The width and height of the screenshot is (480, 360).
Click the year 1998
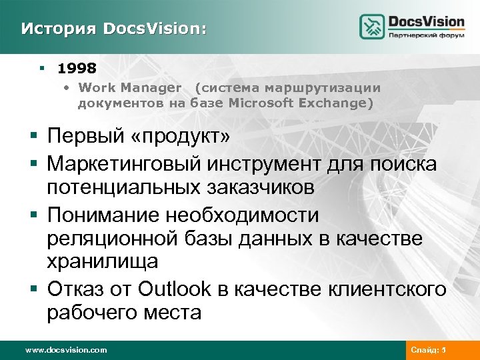[77, 68]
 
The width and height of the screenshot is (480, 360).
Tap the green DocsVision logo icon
[373, 27]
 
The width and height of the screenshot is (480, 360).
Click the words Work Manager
[129, 87]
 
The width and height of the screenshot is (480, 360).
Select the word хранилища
[102, 262]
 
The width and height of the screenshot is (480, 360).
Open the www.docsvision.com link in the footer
[65, 349]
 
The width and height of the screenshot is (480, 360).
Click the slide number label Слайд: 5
[429, 349]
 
